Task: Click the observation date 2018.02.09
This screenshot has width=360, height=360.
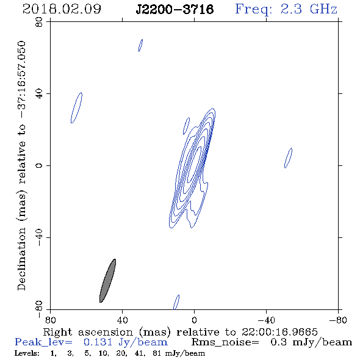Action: pos(62,9)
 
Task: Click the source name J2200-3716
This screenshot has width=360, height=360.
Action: pos(175,9)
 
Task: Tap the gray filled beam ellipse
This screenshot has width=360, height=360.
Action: pos(107,281)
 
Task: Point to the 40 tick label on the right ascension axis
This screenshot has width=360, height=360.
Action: pos(122,320)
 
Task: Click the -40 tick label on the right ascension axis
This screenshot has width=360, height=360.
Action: pos(266,320)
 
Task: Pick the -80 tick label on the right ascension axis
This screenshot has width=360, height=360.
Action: pos(338,320)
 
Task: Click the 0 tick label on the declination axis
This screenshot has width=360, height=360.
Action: pos(39,165)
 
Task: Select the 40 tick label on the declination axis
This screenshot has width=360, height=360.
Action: pos(39,94)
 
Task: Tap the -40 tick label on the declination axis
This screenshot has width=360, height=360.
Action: pos(39,237)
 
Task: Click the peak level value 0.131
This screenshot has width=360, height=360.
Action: pos(98,342)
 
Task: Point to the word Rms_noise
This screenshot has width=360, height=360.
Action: pos(225,342)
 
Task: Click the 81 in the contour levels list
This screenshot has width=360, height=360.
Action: pos(157,353)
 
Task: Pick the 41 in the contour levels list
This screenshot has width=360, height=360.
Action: pos(139,353)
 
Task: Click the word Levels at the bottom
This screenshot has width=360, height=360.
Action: pos(27,353)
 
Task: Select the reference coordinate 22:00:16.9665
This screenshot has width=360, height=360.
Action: pos(279,332)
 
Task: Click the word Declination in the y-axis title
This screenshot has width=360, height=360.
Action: pos(21,259)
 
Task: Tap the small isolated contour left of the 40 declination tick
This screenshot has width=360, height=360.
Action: pos(76,107)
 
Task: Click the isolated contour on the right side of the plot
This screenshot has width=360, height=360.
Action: pos(288,158)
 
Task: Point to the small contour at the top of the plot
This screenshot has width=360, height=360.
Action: pos(140,46)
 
